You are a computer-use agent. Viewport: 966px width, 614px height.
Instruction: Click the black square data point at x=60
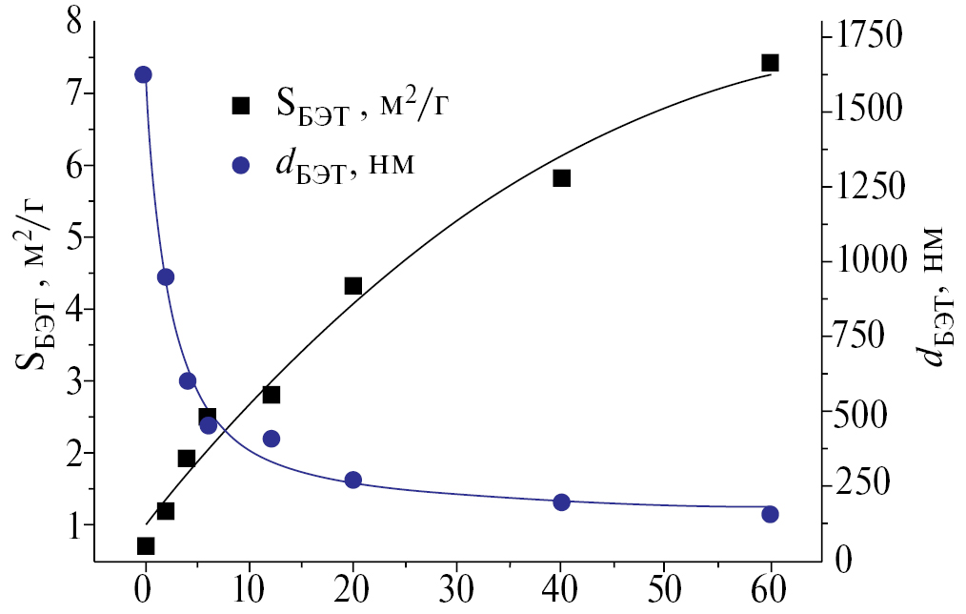pos(770,63)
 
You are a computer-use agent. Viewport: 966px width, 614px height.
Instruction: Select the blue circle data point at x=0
pos(144,75)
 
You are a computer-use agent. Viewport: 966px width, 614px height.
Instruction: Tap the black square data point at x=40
pos(561,178)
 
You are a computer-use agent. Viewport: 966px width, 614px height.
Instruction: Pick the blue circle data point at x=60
pos(770,514)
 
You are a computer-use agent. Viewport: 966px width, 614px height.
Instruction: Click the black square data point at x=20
pos(353,286)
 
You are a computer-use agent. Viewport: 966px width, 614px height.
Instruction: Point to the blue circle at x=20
pos(353,480)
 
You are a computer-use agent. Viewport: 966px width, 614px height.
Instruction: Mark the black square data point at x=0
pos(146,546)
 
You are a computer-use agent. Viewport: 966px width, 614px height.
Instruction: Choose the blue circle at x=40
pos(561,502)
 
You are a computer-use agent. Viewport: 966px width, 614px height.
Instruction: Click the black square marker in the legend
pos(241,106)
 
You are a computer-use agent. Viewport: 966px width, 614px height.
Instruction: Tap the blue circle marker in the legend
pos(241,165)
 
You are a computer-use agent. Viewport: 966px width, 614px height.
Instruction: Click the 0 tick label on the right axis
pos(841,560)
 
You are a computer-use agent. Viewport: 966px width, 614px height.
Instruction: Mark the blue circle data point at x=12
pos(272,439)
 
